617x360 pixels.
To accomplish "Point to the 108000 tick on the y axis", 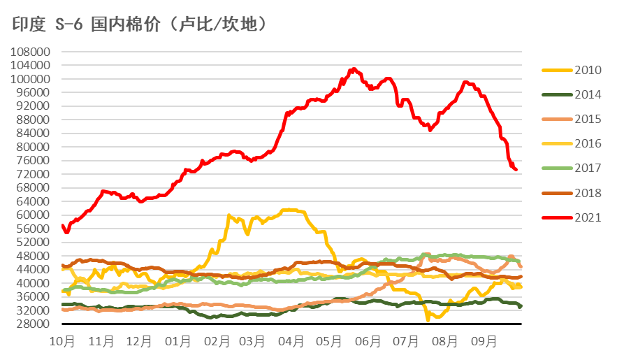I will click(x=32, y=52).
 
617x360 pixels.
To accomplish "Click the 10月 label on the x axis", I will click(x=63, y=342).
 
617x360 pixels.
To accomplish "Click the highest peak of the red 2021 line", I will click(x=354, y=69).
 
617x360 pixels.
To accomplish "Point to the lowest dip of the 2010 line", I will click(x=428, y=319).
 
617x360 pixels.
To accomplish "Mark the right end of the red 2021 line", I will click(x=516, y=169).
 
